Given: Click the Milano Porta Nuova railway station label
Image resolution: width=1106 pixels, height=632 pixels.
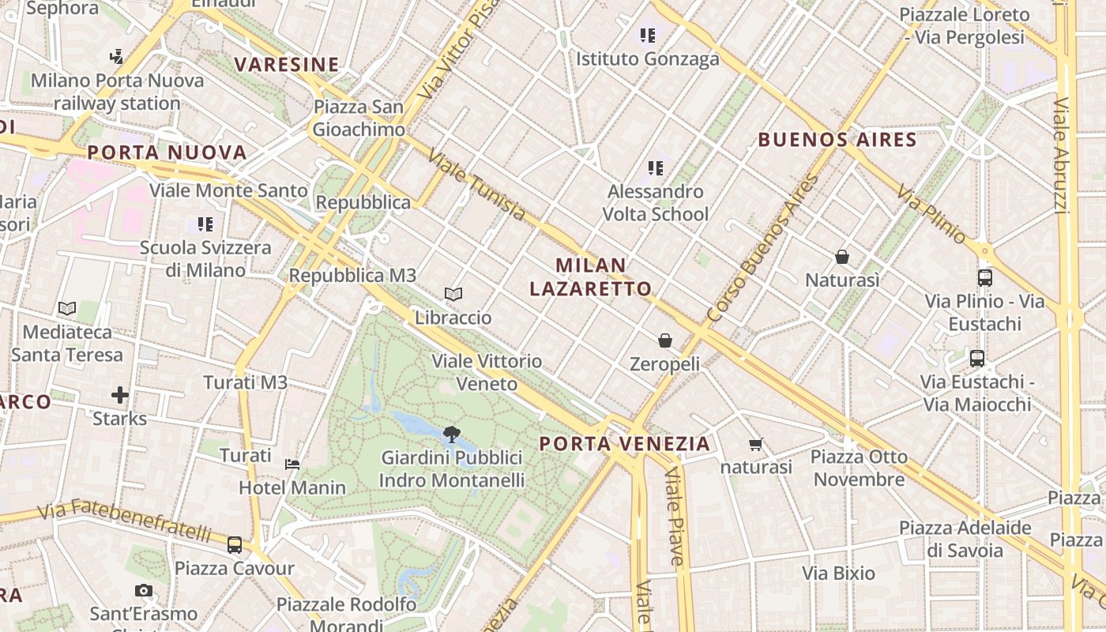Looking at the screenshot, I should pyautogui.click(x=118, y=92).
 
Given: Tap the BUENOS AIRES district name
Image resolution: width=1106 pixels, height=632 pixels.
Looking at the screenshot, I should pyautogui.click(x=837, y=141).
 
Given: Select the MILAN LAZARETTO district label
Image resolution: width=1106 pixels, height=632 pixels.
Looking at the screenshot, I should pyautogui.click(x=591, y=277).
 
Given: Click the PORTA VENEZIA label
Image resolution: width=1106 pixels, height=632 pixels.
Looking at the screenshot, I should pyautogui.click(x=625, y=444).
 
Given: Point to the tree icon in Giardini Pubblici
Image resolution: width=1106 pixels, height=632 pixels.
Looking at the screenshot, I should pyautogui.click(x=452, y=433).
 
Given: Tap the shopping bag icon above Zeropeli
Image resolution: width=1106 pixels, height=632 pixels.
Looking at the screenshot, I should pyautogui.click(x=665, y=340).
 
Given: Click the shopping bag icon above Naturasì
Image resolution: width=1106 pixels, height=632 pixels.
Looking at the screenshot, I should pyautogui.click(x=842, y=257).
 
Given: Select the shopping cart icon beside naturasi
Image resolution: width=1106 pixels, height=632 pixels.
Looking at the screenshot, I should pyautogui.click(x=756, y=445).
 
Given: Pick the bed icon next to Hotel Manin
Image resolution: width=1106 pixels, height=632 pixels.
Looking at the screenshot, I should pyautogui.click(x=292, y=464).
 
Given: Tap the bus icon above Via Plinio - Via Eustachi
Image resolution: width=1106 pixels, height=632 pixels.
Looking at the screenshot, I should pyautogui.click(x=985, y=277).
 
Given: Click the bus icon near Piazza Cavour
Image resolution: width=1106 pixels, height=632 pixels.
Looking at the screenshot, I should pyautogui.click(x=235, y=544).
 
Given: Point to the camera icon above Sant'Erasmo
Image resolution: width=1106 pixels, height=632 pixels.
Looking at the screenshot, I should pyautogui.click(x=143, y=590).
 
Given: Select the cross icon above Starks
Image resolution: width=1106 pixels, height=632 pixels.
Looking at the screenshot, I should pyautogui.click(x=120, y=394).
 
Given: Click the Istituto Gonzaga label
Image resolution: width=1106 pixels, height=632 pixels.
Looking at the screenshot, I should pyautogui.click(x=648, y=58).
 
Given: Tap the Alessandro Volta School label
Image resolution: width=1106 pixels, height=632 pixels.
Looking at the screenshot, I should pyautogui.click(x=655, y=203).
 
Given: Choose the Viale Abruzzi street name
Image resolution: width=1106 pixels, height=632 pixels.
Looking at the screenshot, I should pyautogui.click(x=1062, y=155).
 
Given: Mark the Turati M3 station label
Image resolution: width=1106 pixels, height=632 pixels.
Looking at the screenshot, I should pyautogui.click(x=245, y=383).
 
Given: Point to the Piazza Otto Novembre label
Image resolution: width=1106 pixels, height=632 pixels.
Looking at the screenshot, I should pyautogui.click(x=860, y=468).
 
